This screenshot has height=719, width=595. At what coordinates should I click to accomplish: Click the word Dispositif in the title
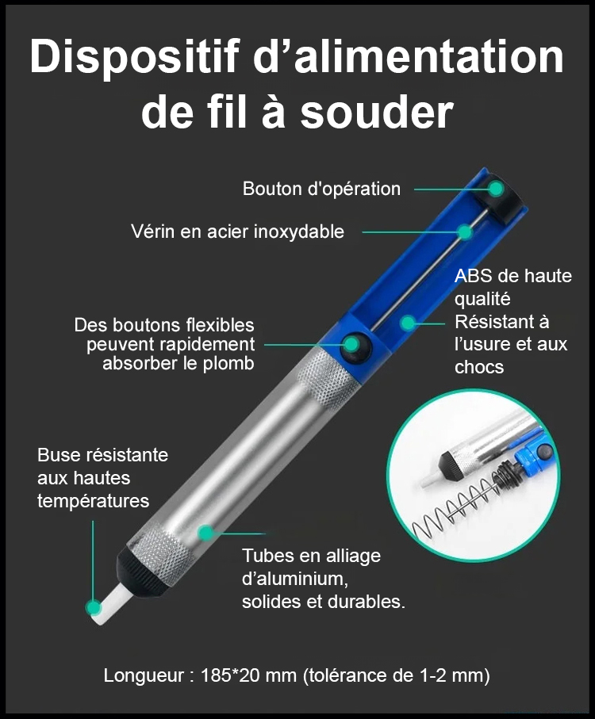(x=135, y=57)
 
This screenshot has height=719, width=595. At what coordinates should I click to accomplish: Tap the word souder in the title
(x=377, y=112)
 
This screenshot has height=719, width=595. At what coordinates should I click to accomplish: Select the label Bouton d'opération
(x=321, y=189)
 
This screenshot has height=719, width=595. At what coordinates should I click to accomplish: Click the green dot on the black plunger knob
(x=496, y=189)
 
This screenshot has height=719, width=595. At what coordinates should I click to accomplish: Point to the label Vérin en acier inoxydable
(x=238, y=231)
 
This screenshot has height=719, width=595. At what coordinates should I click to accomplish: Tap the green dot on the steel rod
(x=465, y=232)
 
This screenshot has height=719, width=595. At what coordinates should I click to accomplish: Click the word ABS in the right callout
(x=473, y=276)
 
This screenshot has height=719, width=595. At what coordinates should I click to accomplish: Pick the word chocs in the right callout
(x=479, y=367)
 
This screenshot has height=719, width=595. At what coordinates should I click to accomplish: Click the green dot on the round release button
(x=352, y=344)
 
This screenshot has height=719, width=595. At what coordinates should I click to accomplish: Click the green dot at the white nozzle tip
(x=94, y=608)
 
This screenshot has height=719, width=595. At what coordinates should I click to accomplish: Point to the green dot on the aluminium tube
(x=206, y=533)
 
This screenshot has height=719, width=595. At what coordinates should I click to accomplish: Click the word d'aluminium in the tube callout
(x=295, y=579)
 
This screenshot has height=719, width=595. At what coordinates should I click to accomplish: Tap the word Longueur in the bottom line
(x=144, y=676)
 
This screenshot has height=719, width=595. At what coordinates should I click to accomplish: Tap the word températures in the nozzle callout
(x=94, y=501)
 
